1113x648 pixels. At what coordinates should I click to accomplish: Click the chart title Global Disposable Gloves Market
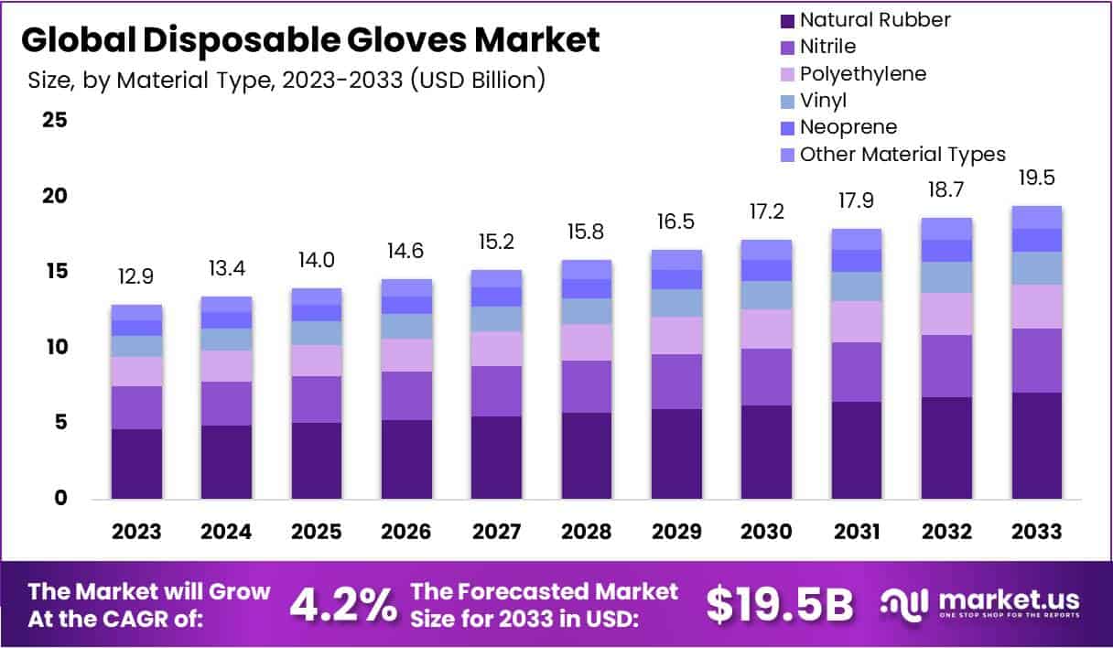[311, 40]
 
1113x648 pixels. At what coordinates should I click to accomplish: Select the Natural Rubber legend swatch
[784, 20]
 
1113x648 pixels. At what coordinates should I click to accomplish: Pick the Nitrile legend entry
[828, 47]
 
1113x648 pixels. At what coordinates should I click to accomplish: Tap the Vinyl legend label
[823, 101]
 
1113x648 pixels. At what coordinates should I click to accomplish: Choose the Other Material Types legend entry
[902, 154]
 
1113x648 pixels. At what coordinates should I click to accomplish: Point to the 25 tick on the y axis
[55, 120]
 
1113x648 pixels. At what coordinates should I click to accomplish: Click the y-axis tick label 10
[55, 347]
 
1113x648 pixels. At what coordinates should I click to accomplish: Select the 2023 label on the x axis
[136, 532]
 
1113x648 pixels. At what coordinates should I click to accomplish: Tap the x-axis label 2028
[587, 532]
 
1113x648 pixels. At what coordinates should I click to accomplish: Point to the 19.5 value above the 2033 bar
[1037, 178]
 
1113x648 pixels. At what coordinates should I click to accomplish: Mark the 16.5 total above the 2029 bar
[676, 222]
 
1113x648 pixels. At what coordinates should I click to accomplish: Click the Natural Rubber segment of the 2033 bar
[1037, 446]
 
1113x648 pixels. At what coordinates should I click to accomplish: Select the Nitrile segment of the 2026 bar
[406, 395]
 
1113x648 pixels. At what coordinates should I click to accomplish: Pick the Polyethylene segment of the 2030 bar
[766, 329]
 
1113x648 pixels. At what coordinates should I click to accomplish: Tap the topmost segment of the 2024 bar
[226, 304]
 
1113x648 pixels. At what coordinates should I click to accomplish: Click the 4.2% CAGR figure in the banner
[343, 604]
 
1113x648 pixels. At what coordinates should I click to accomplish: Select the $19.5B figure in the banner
[780, 604]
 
